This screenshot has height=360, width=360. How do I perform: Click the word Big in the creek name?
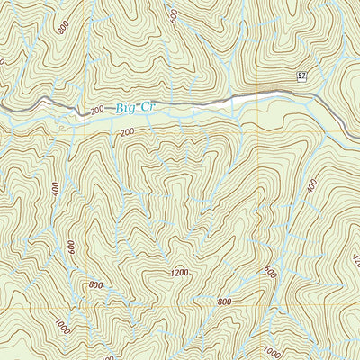coord(127,108)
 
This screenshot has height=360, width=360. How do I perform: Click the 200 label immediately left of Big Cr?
coord(97,110)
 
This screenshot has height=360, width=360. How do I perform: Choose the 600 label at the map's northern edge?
coord(172,13)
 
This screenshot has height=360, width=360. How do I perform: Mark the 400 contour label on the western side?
coord(55,192)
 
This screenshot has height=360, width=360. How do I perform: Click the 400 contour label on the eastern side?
coord(312,186)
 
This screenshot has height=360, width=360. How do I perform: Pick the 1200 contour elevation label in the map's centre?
coord(178,272)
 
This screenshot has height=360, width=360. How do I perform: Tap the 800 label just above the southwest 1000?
coord(95,286)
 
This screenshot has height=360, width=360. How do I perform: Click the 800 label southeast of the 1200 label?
coord(224,301)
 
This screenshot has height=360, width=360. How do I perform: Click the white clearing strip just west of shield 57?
coord(261,95)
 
